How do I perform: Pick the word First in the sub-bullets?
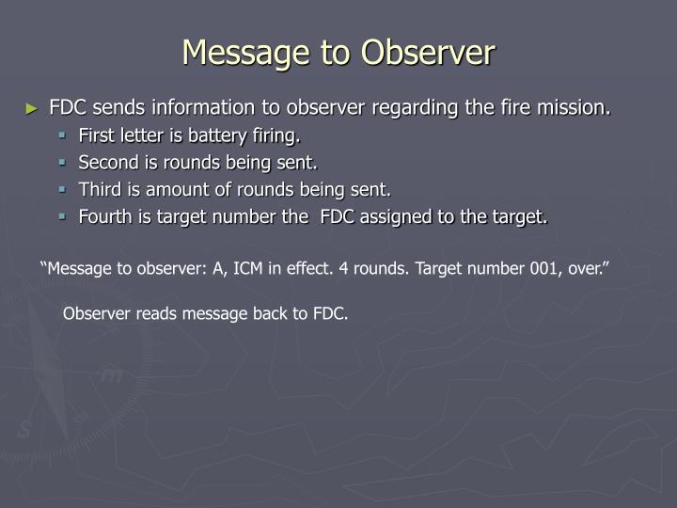[97, 135]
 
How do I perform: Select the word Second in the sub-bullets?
[105, 163]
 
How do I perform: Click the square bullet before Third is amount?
[65, 190]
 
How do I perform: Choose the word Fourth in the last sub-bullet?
[105, 217]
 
